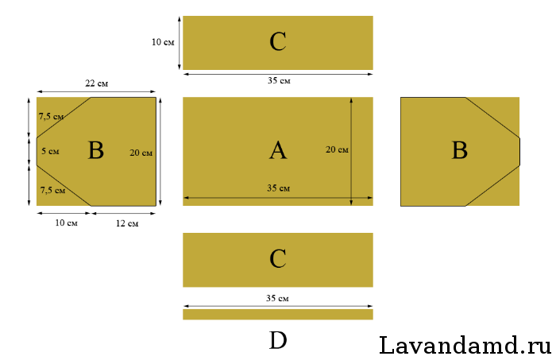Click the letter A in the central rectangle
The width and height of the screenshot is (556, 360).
(278, 150)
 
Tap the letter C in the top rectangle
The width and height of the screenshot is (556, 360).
(278, 42)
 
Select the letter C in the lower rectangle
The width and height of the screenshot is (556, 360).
(278, 258)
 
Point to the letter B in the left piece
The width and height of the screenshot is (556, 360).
(96, 150)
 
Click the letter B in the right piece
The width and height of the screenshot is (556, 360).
(460, 150)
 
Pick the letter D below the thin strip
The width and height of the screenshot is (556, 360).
(278, 340)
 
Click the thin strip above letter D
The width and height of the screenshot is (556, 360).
(278, 314)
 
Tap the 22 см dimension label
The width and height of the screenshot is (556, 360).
(96, 83)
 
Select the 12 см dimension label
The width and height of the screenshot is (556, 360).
(127, 223)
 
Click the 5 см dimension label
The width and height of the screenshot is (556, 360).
(50, 151)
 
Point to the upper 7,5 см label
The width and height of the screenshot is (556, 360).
(51, 116)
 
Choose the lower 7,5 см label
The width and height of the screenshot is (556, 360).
(52, 190)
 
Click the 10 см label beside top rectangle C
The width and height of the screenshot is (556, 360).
(163, 42)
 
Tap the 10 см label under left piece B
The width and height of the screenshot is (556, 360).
(66, 223)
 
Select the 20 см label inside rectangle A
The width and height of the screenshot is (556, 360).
(337, 149)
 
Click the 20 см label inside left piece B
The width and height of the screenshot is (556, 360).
(141, 153)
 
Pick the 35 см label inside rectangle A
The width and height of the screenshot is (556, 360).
(278, 188)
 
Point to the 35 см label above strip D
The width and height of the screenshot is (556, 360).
(277, 298)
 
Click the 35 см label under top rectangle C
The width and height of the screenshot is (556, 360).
(279, 81)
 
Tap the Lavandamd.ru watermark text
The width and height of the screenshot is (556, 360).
(465, 345)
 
